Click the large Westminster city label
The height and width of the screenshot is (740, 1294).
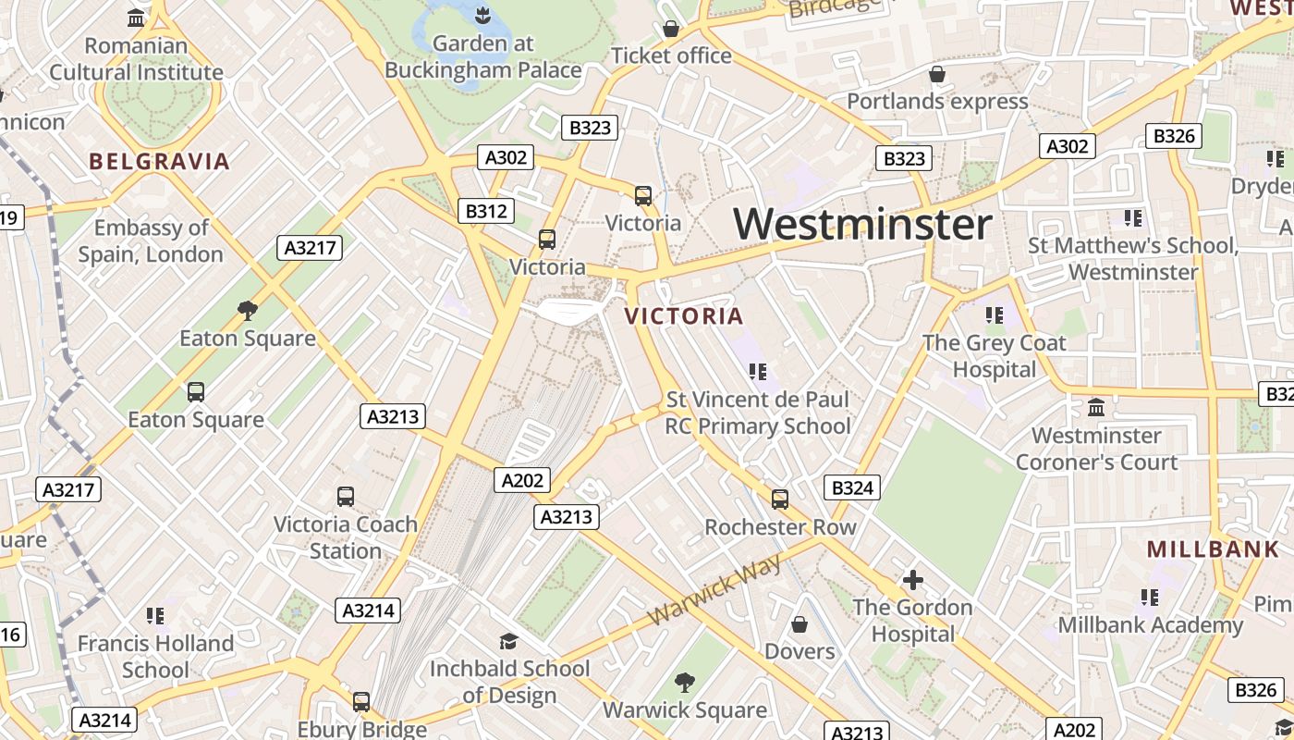coord(862,225)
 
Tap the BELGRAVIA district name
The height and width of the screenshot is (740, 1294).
coord(159,162)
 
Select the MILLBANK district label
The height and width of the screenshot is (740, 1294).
coord(1213,549)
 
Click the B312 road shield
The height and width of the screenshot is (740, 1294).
coord(485,212)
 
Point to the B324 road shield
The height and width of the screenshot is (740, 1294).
coord(851,487)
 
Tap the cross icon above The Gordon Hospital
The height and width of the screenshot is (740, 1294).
coord(913,580)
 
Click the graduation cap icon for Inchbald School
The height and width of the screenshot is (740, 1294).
coord(508,641)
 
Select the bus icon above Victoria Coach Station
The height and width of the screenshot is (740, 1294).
coord(346,497)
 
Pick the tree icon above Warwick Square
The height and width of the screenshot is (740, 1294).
coord(685,683)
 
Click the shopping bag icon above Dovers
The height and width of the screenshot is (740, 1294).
coord(800,624)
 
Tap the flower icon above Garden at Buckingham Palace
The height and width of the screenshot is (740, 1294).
coord(482,15)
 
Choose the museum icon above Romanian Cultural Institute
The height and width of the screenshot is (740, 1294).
coord(137,18)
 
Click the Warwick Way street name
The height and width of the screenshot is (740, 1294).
coord(714,589)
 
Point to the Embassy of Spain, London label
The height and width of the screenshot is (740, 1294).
coord(151,240)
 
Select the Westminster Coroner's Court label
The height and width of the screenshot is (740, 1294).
coord(1096,449)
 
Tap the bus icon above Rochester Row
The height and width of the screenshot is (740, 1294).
coord(780,499)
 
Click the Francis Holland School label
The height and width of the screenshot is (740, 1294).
coord(155,656)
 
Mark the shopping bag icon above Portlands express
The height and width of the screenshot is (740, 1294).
coord(937,74)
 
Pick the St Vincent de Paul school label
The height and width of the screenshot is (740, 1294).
coord(758,413)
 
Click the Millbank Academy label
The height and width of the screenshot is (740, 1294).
coord(1150,625)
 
